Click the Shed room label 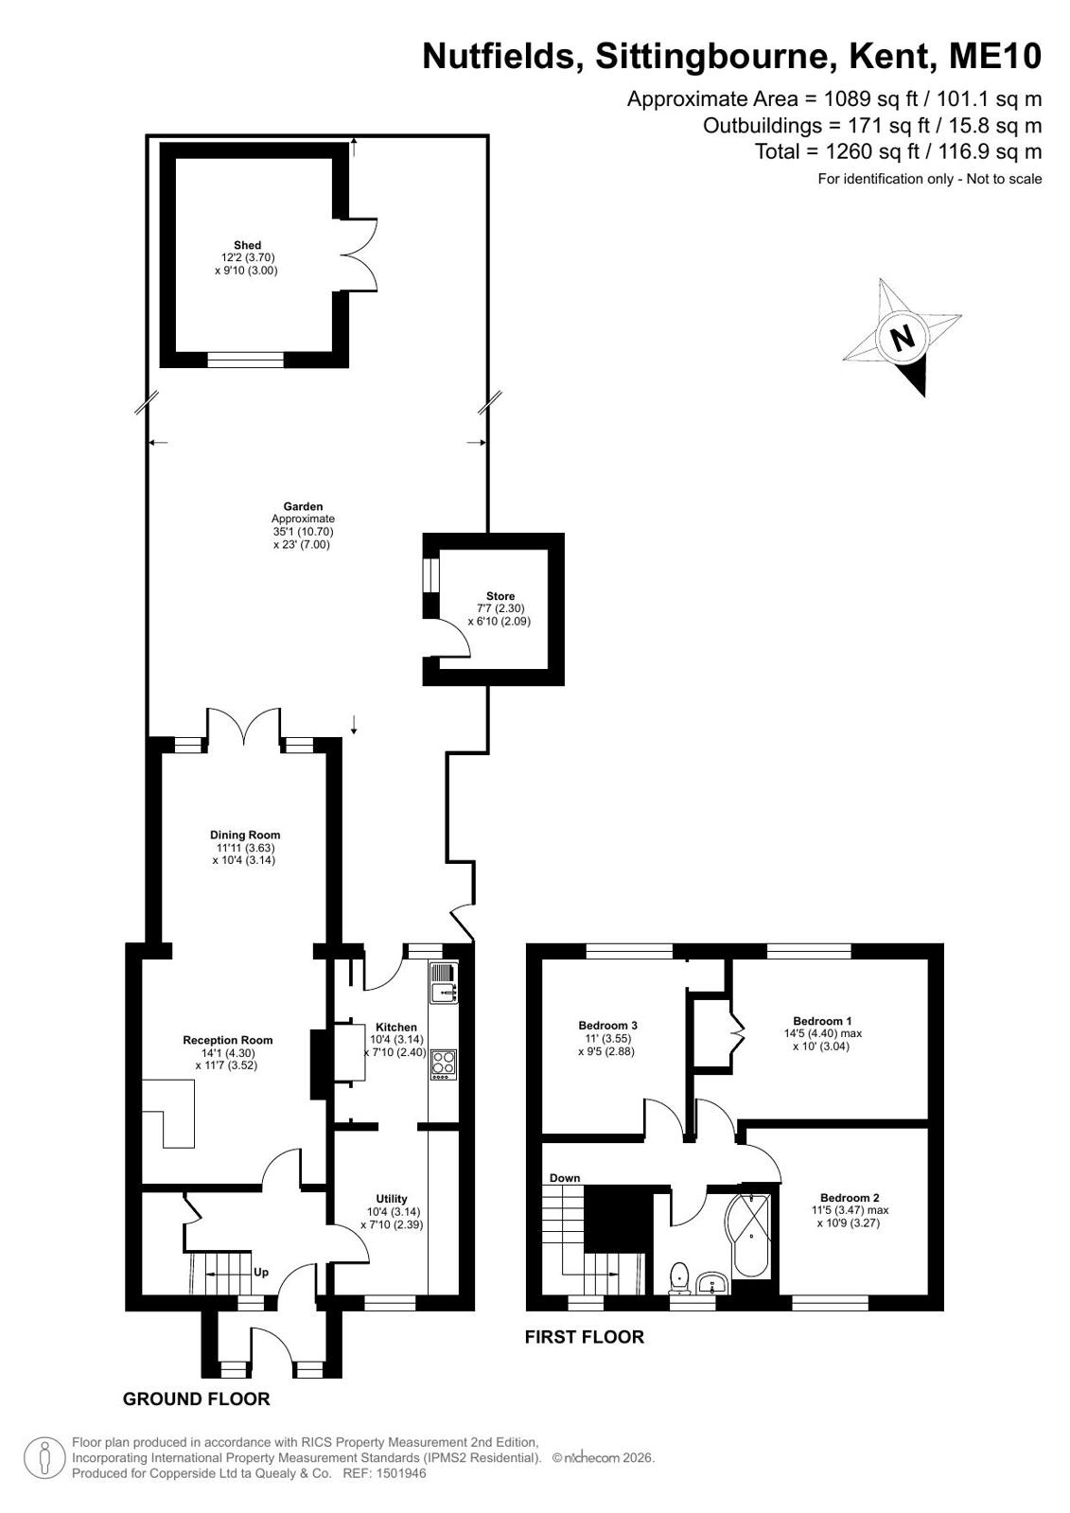pos(247,245)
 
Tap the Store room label pos(500,596)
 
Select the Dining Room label pos(244,835)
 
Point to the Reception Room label pos(228,1040)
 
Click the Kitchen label pos(396,1028)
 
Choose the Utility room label pos(392,1199)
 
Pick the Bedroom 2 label pos(850,1198)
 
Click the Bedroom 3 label pos(608,1026)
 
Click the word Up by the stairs pos(261,1273)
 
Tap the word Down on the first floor pos(565,1178)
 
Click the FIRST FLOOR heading pos(585,1337)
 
